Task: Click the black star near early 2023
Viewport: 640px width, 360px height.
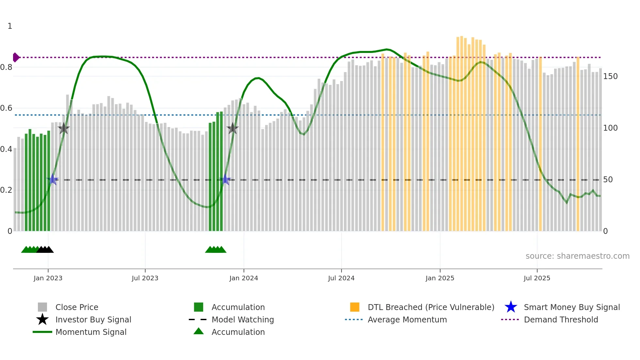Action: tap(64, 128)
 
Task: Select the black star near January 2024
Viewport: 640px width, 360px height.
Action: tap(232, 128)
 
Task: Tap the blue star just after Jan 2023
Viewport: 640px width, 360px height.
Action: tap(53, 179)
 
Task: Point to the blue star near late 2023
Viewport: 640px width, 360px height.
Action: tap(225, 179)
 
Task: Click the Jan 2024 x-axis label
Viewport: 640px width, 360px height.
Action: tap(244, 278)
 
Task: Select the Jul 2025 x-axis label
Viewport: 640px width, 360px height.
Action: tap(537, 278)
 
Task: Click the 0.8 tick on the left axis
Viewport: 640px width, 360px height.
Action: tap(7, 67)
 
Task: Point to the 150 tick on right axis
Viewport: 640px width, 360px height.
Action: tap(610, 76)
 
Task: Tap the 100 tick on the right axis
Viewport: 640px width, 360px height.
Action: tap(610, 128)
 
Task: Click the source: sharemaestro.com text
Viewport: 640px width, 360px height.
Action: tap(577, 256)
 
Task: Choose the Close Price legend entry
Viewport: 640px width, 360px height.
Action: tap(77, 307)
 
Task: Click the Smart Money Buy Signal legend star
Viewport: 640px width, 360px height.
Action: tap(511, 307)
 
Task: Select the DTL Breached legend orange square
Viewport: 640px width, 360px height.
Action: tap(355, 307)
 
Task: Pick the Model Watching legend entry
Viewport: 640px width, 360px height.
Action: tap(243, 319)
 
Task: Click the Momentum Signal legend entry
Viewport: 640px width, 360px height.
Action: tap(91, 332)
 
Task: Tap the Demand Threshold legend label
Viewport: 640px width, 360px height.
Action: tap(561, 319)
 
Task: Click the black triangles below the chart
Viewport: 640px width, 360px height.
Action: tap(45, 250)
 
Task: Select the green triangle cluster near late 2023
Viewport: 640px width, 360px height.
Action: tap(216, 250)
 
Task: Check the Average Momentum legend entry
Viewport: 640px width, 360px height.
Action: tap(407, 319)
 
